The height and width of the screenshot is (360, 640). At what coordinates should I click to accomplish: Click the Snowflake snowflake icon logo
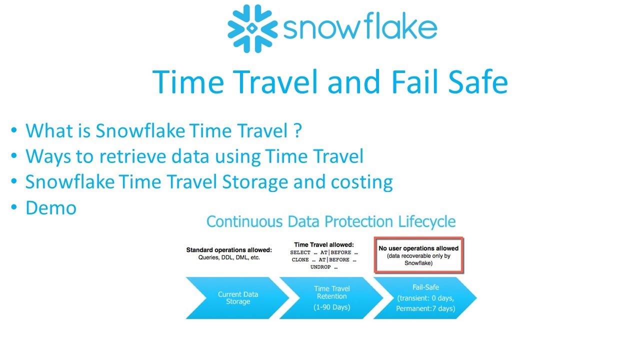point(252,29)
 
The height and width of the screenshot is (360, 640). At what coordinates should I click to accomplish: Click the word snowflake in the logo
point(359,29)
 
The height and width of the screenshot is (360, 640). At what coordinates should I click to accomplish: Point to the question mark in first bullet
point(297,131)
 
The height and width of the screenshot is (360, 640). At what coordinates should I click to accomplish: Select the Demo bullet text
point(51,207)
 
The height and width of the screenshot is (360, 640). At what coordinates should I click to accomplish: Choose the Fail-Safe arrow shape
point(425,298)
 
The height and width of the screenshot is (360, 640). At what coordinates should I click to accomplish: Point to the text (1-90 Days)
point(332,307)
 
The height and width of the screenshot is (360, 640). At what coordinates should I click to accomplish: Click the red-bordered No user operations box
point(418,255)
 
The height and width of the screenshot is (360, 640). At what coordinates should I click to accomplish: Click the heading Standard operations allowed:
point(229,250)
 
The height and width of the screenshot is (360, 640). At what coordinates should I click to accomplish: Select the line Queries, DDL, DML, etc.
point(229,257)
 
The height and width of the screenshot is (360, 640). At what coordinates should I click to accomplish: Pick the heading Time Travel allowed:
point(324,244)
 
